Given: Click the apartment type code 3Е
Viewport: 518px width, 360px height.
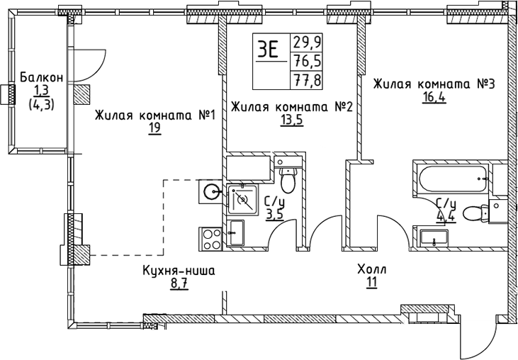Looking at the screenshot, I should pyautogui.click(x=269, y=49).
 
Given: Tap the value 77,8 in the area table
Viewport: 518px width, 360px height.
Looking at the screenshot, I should pyautogui.click(x=306, y=79).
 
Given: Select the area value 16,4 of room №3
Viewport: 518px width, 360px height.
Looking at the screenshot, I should pyautogui.click(x=433, y=97).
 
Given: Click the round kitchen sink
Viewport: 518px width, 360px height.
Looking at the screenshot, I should pyautogui.click(x=211, y=190).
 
